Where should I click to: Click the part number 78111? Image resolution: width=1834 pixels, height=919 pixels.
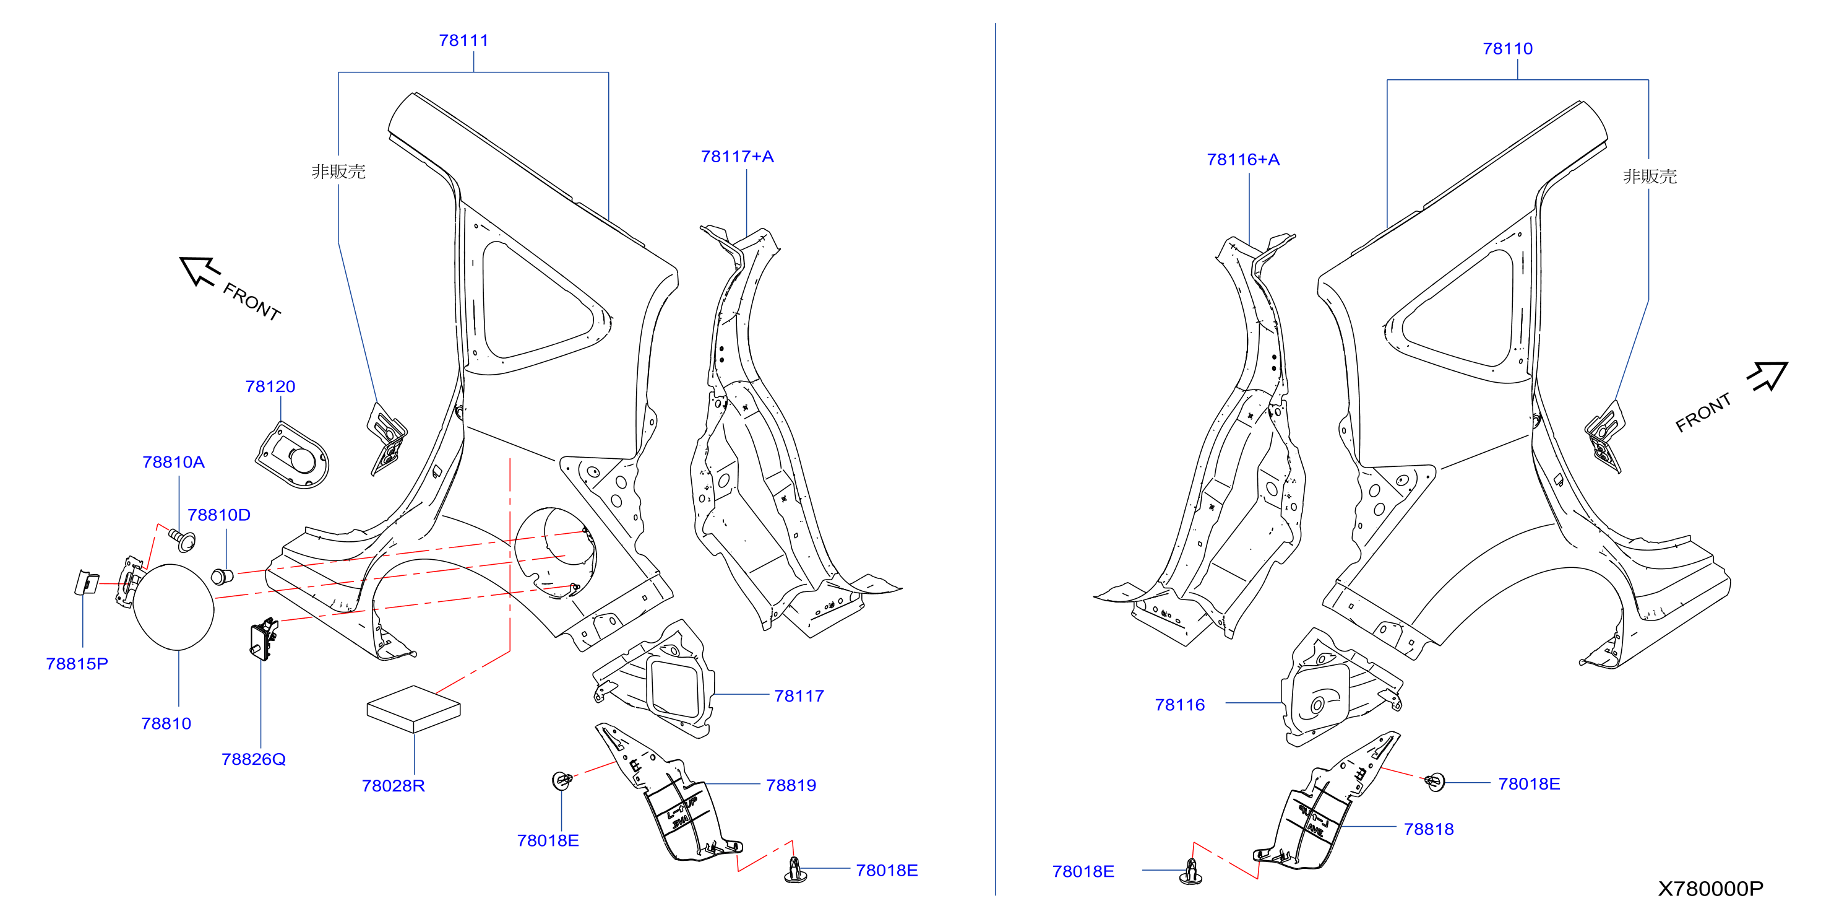click(463, 41)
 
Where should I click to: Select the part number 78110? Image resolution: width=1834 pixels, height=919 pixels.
click(1507, 49)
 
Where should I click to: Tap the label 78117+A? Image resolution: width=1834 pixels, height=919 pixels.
click(737, 157)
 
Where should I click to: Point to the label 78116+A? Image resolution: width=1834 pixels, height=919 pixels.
click(1243, 160)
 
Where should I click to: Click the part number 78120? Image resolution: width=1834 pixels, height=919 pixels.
click(270, 387)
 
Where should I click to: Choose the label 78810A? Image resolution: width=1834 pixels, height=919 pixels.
click(173, 463)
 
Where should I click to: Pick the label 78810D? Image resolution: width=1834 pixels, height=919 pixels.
click(218, 515)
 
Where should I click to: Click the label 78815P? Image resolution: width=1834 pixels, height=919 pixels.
click(77, 664)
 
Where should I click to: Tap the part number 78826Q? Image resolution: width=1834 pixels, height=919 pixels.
click(254, 759)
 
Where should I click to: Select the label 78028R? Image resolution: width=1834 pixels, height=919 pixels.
click(393, 786)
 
